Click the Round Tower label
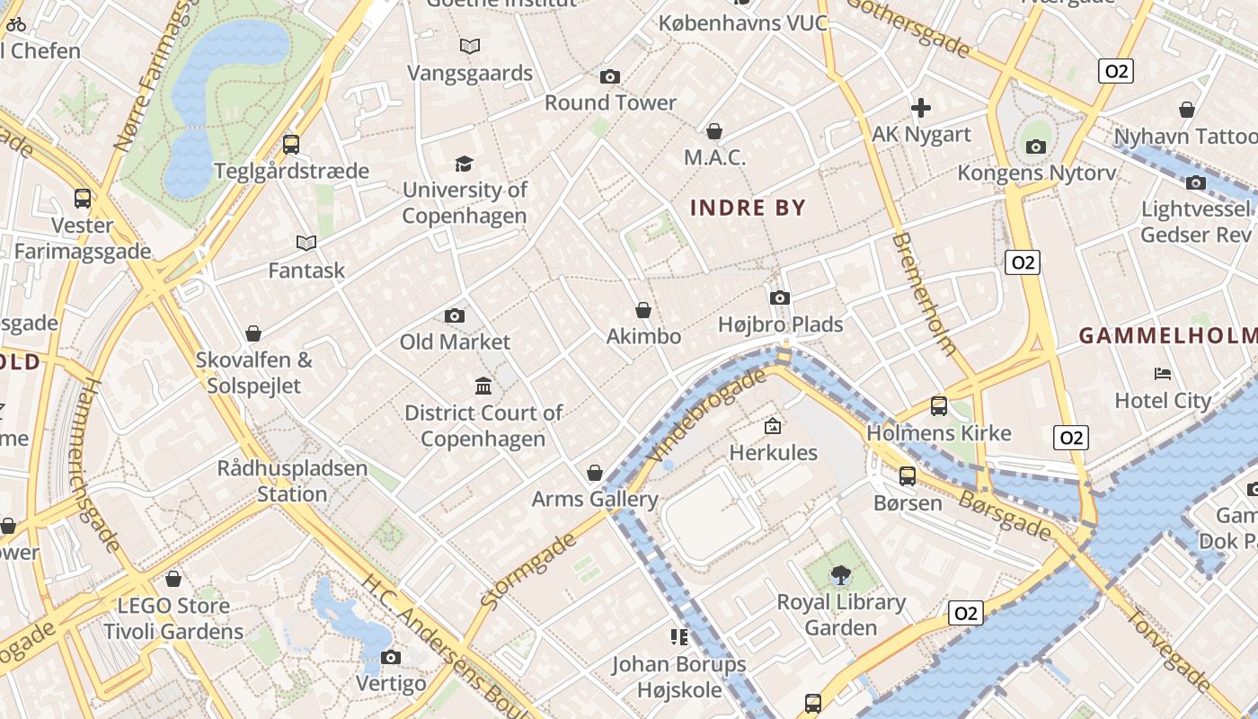coord(610,102)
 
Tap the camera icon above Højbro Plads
coord(780,297)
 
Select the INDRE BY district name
coord(748,209)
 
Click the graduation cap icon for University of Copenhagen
coord(464,164)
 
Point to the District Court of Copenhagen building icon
coord(483,386)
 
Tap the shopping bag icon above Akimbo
coord(643,310)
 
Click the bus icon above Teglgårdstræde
coord(291,144)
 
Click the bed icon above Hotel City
coord(1163,374)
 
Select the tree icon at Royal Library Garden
coord(841,574)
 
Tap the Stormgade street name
coord(528,571)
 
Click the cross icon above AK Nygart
coord(921,109)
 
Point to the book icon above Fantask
coord(306,243)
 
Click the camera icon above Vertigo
coord(391,657)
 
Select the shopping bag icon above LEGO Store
coord(173,579)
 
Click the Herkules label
coord(773,452)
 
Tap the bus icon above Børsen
coord(908,476)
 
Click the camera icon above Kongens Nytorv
coord(1036,146)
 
